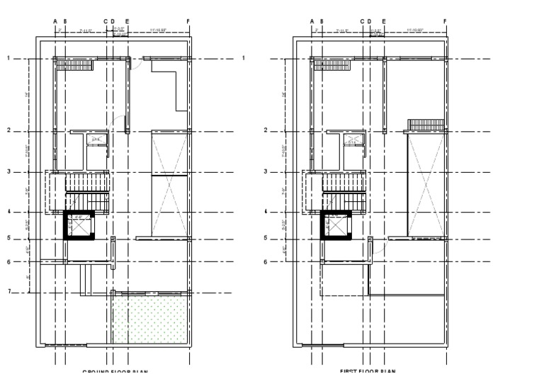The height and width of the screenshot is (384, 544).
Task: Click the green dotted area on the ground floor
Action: [x=152, y=320]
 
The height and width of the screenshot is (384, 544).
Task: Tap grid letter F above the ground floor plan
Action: [x=188, y=21]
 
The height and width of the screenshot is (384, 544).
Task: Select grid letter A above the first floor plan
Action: [x=312, y=21]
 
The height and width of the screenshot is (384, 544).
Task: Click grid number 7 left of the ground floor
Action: [x=8, y=291]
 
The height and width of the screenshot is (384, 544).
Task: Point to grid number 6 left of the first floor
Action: [x=265, y=261]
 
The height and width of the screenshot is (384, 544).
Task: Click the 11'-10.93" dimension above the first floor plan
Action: [x=415, y=30]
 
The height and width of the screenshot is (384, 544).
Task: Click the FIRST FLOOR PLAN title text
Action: [x=368, y=371]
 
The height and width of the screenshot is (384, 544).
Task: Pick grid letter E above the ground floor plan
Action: [x=127, y=21]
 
